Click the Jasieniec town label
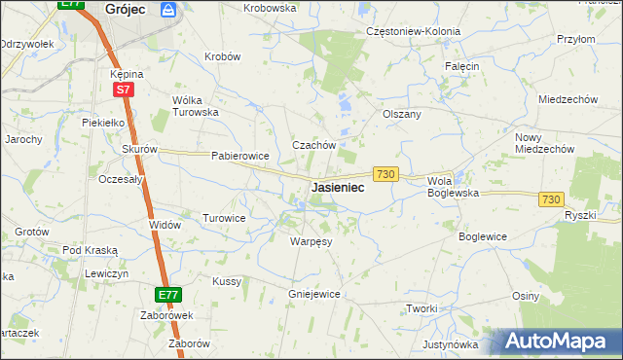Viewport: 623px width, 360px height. [x=338, y=187]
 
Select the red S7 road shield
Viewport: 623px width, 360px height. [x=123, y=90]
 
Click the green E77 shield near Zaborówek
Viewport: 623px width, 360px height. [x=167, y=294]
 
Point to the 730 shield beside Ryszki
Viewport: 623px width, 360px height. [x=551, y=198]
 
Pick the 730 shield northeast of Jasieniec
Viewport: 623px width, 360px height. [x=385, y=173]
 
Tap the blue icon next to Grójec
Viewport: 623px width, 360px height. [x=168, y=10]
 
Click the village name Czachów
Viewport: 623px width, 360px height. [x=314, y=145]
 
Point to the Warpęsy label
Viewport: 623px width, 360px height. [x=311, y=240]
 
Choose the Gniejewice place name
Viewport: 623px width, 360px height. [x=313, y=293]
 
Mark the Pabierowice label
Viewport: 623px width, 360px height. [x=239, y=156]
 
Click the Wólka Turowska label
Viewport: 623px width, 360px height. [x=195, y=106]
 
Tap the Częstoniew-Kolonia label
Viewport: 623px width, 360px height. [x=413, y=31]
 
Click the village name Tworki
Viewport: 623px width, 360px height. [x=421, y=308]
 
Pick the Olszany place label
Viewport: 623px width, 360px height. [x=402, y=114]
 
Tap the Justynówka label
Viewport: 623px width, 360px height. [x=451, y=344]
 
